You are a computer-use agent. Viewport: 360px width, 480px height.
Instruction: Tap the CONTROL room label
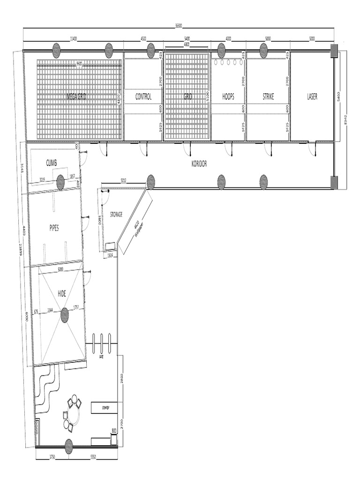143,97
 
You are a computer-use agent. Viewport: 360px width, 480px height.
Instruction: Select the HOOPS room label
228,97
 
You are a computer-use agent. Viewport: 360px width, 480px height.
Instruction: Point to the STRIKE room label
268,97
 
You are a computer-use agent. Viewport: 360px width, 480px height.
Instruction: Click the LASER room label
312,97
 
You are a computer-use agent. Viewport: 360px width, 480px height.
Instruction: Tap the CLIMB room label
52,163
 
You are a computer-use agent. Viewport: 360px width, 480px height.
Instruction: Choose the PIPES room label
54,228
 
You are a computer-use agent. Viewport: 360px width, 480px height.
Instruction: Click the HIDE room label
61,293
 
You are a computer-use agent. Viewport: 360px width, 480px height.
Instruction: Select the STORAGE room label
116,214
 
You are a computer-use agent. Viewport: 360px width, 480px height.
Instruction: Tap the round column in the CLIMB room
60,182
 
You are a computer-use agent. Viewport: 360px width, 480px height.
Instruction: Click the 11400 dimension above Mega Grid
74,39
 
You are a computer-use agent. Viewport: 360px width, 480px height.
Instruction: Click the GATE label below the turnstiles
101,357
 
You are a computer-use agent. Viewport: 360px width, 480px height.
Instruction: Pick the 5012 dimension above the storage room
123,180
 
